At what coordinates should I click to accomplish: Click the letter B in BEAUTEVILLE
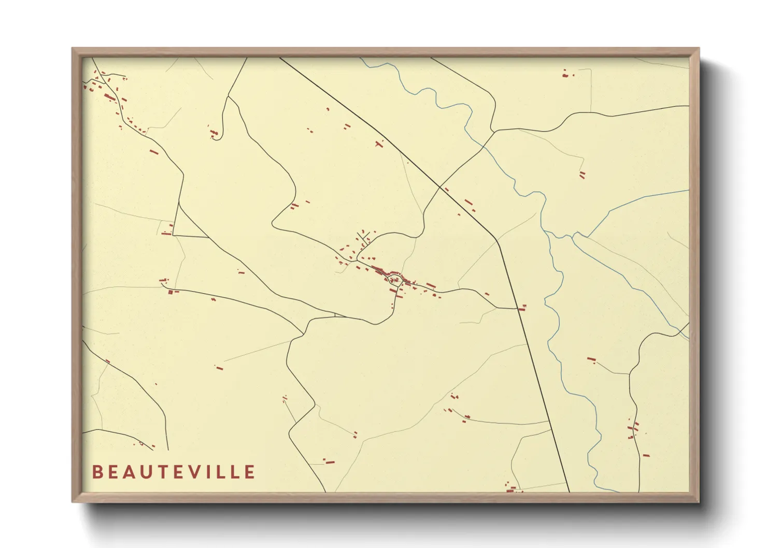[97, 472]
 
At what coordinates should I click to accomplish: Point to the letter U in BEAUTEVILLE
[150, 472]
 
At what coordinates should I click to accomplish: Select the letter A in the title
[132, 472]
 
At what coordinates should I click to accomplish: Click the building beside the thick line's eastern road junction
[522, 308]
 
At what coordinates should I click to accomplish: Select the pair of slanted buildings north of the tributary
[582, 175]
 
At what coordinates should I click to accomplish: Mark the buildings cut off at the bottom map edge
[510, 488]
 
